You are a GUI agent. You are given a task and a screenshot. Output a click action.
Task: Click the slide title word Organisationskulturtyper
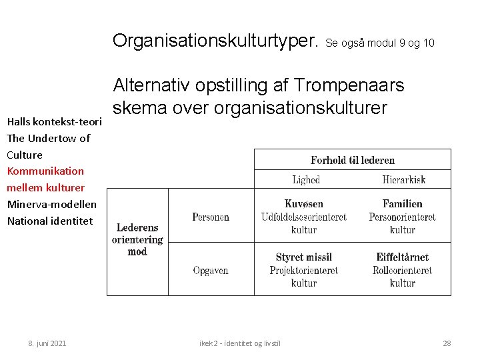coord(216,41)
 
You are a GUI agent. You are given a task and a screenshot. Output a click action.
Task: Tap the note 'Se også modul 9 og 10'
coord(380,43)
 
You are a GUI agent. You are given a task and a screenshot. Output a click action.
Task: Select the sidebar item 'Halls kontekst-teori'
coord(54,122)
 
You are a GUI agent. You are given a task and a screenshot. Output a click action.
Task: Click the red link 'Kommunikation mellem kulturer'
coord(45,179)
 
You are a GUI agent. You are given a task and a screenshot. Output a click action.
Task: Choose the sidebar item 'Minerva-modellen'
coord(51,204)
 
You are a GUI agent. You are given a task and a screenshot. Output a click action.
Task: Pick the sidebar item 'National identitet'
coord(50,220)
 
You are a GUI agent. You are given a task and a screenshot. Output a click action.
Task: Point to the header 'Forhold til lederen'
coord(353,160)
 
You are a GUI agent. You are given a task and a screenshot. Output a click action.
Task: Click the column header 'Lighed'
coord(306,179)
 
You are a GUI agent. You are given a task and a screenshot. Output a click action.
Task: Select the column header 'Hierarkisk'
coord(403,179)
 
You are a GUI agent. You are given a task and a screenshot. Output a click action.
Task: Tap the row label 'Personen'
coord(211,217)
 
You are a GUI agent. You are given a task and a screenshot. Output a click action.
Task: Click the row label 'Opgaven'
coord(211,270)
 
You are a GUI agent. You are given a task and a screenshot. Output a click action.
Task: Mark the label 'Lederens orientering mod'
coord(137,239)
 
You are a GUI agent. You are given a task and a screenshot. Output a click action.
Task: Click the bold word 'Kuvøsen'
coord(304,204)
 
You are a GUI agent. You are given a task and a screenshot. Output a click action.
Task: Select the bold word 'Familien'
coord(402,204)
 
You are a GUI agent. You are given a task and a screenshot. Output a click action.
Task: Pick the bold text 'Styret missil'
coord(304,257)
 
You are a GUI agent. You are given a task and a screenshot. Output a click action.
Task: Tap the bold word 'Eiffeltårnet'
coord(402,257)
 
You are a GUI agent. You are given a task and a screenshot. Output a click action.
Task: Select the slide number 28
coord(447,343)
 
